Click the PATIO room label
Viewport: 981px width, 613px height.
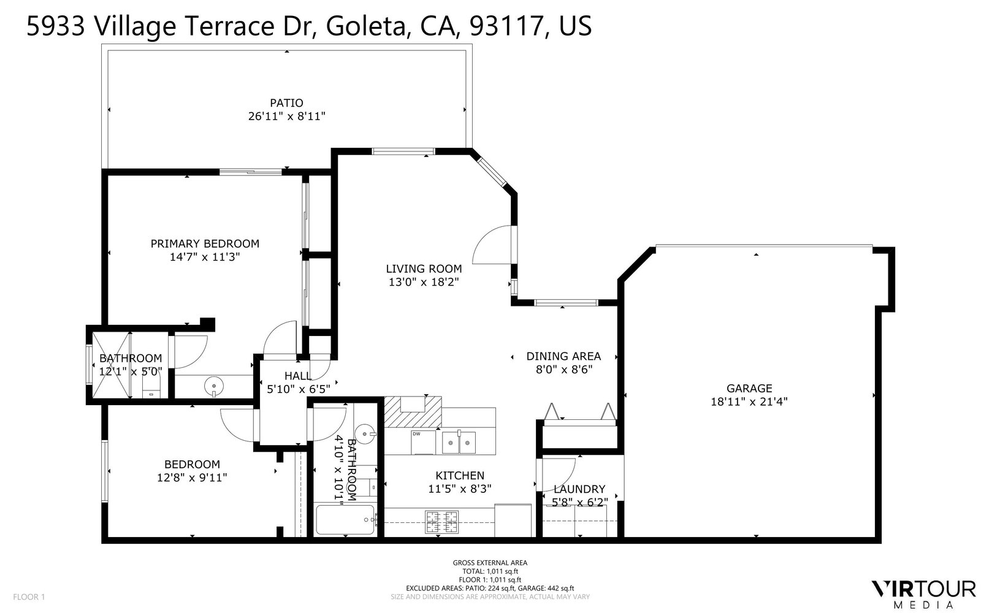pos(286,103)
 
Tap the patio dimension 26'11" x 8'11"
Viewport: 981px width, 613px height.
pos(286,116)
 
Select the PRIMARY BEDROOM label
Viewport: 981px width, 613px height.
pos(205,243)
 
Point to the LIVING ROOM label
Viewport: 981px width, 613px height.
pos(424,268)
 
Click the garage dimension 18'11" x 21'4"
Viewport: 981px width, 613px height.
pos(749,402)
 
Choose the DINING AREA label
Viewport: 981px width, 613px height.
pos(563,356)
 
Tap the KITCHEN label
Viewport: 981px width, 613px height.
pos(460,476)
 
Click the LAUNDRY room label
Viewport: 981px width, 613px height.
pos(579,489)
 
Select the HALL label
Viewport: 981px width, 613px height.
pos(298,376)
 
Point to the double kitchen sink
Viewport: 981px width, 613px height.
pos(458,441)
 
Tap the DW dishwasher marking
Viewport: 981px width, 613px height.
pos(416,434)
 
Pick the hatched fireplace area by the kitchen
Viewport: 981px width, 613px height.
pos(412,411)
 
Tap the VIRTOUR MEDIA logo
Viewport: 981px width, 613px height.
pos(923,592)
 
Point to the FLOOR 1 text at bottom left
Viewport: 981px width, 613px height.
pos(29,596)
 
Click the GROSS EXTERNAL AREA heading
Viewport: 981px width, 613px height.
pos(490,563)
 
